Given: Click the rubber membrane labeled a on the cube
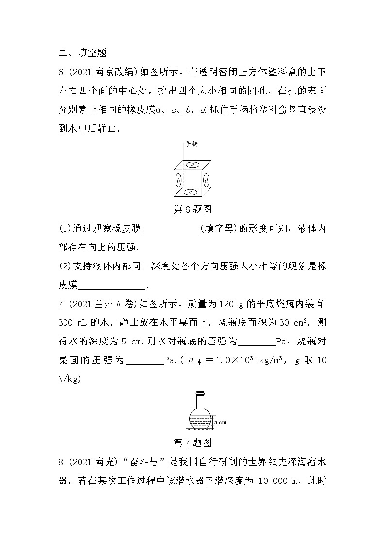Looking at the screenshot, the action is (193, 165).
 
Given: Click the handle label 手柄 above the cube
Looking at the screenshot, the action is (191, 144).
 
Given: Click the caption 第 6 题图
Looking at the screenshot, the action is (192, 210).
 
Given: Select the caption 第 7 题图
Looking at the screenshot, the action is (192, 443).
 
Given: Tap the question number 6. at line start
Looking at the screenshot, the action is (61, 72).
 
